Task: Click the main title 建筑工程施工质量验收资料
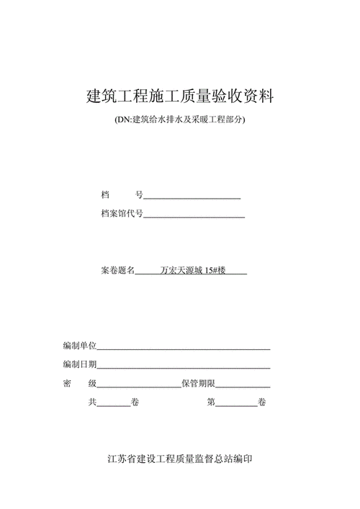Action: [x=179, y=96]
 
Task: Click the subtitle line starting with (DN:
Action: [x=179, y=120]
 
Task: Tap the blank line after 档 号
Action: [x=192, y=196]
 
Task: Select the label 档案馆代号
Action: [x=122, y=214]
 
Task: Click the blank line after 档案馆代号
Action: [x=194, y=215]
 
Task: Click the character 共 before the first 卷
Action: [x=92, y=402]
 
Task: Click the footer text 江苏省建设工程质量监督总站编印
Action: [x=179, y=459]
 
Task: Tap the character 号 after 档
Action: [x=140, y=195]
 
